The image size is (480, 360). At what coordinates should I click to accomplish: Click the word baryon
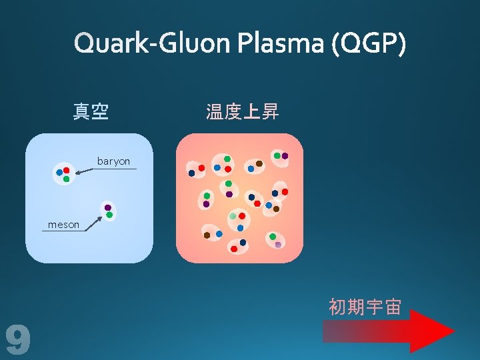click(113, 161)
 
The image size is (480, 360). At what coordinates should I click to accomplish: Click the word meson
click(63, 225)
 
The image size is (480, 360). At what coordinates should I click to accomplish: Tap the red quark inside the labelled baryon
click(67, 171)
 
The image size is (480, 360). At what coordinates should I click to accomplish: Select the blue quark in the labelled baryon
click(59, 173)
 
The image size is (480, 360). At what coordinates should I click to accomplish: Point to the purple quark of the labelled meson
click(107, 207)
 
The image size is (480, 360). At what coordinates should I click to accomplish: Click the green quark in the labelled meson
click(109, 215)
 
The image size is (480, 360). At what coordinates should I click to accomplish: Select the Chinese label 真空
click(91, 111)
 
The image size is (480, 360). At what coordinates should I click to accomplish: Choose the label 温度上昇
click(243, 111)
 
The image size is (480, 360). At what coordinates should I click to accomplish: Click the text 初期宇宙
click(365, 307)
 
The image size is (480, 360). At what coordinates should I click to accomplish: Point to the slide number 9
click(18, 339)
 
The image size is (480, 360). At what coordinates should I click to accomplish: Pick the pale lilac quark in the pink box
click(278, 245)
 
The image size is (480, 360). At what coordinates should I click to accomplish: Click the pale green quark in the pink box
click(233, 216)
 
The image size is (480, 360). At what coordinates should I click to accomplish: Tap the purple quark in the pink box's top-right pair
click(285, 156)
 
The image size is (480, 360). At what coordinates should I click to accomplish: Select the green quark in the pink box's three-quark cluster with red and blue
click(227, 159)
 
